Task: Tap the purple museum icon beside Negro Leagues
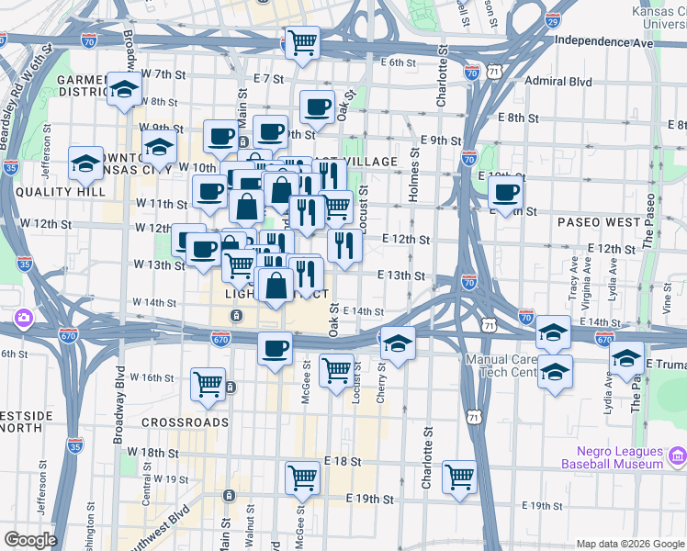[677, 455]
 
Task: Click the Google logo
[30, 540]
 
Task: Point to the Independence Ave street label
[604, 42]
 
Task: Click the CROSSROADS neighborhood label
[185, 422]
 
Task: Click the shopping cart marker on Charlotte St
[458, 476]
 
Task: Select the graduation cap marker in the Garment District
[122, 88]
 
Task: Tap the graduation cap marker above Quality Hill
[85, 163]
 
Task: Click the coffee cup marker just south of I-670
[275, 348]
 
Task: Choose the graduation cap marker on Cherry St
[398, 343]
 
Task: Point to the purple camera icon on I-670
[23, 319]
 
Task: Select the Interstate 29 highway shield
[552, 19]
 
